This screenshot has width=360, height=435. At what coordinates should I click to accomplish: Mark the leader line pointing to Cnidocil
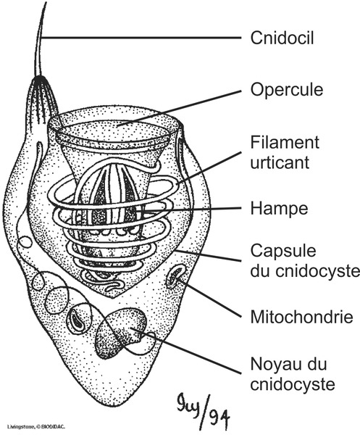(x=145, y=36)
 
